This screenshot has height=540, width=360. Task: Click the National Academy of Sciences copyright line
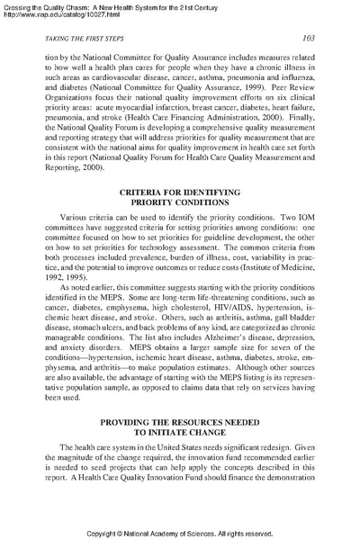click(x=180, y=532)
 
